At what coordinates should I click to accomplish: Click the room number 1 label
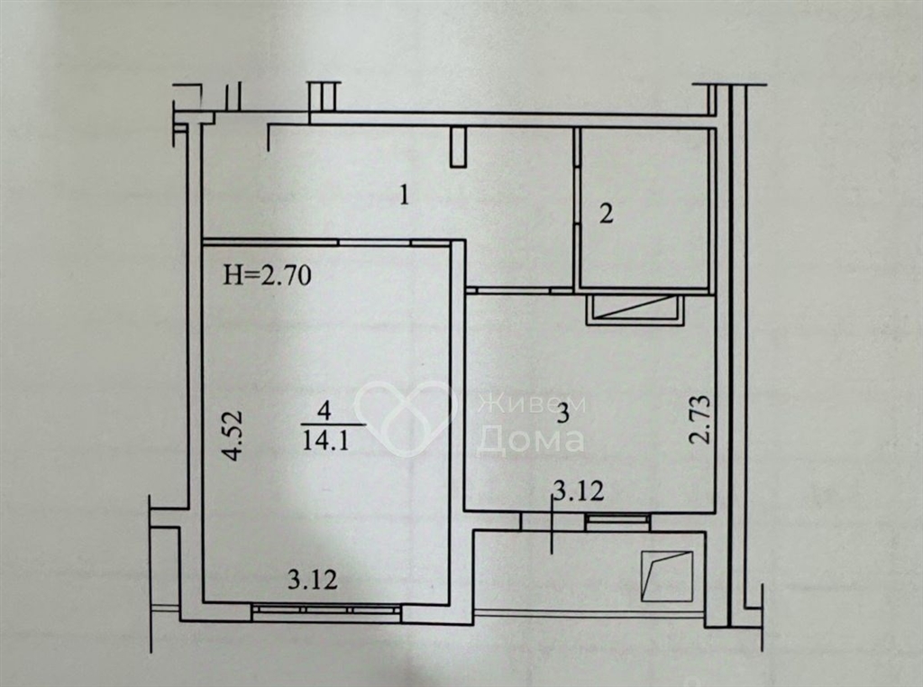pos(404,196)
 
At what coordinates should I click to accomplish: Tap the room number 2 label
pos(606,213)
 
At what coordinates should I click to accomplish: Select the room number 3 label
pos(562,414)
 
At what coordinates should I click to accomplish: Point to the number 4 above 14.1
pos(324,410)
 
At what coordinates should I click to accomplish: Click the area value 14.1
pos(325,440)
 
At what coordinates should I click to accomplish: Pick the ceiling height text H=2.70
pos(267,275)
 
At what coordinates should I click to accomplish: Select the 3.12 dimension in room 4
pos(313,580)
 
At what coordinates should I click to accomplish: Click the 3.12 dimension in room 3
pos(580,490)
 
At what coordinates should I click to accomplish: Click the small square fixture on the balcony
pos(667,576)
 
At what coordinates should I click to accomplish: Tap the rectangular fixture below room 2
pos(635,309)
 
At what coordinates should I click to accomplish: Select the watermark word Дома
pos(530,438)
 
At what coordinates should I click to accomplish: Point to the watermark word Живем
pos(532,405)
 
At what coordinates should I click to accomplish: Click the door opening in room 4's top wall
pos(374,242)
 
